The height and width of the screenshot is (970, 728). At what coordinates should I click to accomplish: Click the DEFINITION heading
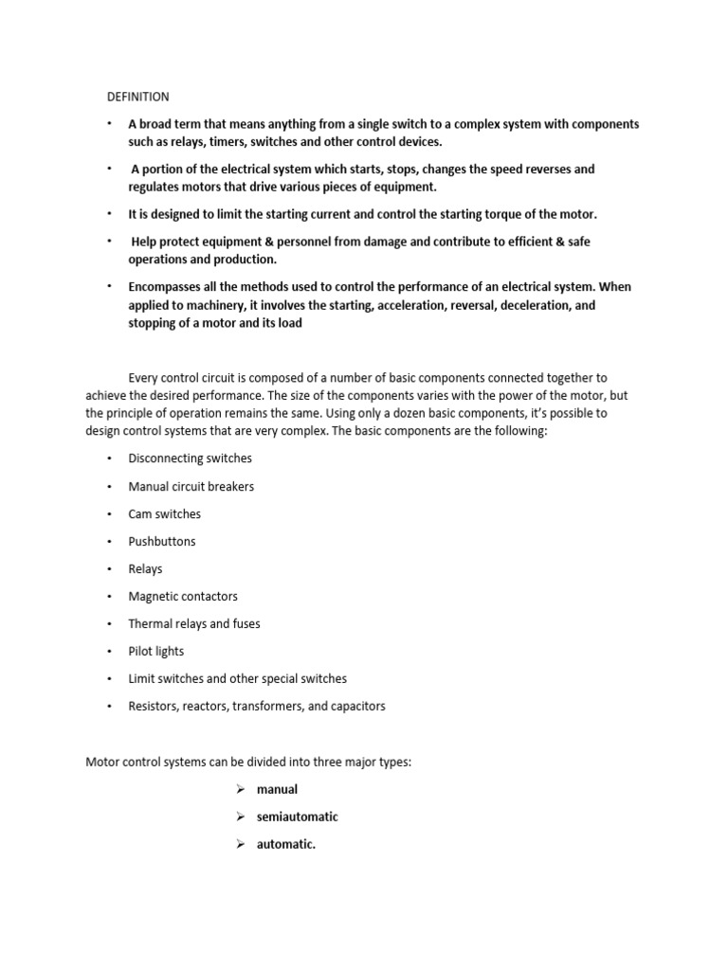point(136,97)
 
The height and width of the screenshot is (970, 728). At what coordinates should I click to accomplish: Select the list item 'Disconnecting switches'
point(190,458)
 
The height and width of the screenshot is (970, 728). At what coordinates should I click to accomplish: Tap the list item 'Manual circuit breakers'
point(191,486)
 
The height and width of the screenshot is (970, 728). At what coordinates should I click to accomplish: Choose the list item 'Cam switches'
point(164,513)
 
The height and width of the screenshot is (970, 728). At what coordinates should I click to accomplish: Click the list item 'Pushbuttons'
point(162,541)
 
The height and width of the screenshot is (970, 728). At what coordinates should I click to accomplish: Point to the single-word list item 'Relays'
point(145,568)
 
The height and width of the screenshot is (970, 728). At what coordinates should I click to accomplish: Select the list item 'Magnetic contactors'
point(183,596)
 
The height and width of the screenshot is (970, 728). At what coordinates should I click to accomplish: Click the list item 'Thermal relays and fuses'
point(194,623)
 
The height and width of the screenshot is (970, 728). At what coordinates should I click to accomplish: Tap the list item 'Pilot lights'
point(156,651)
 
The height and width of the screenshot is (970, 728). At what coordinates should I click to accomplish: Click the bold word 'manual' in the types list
point(277,789)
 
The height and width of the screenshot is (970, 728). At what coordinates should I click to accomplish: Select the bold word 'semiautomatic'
point(297,817)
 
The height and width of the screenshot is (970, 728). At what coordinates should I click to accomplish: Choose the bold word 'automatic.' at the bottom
point(285,844)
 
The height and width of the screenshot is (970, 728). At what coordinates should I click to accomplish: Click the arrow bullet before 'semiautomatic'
point(242,817)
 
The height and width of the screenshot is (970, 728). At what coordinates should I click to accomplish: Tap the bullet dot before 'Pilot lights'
point(109,651)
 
